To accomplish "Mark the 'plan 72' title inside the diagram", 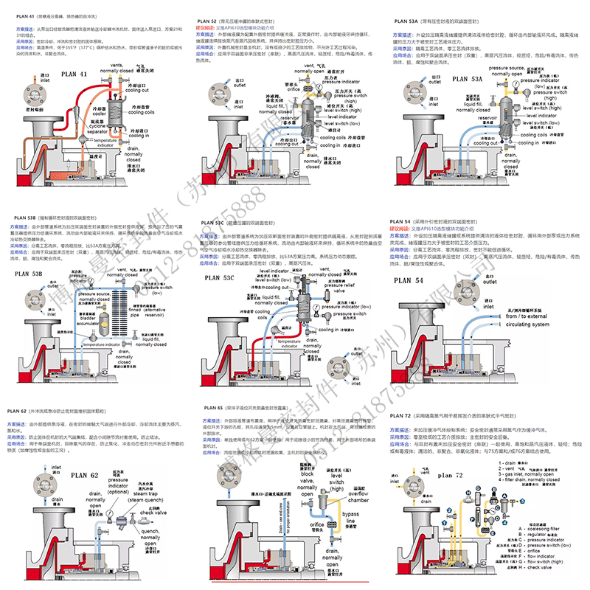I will pos(453,476).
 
